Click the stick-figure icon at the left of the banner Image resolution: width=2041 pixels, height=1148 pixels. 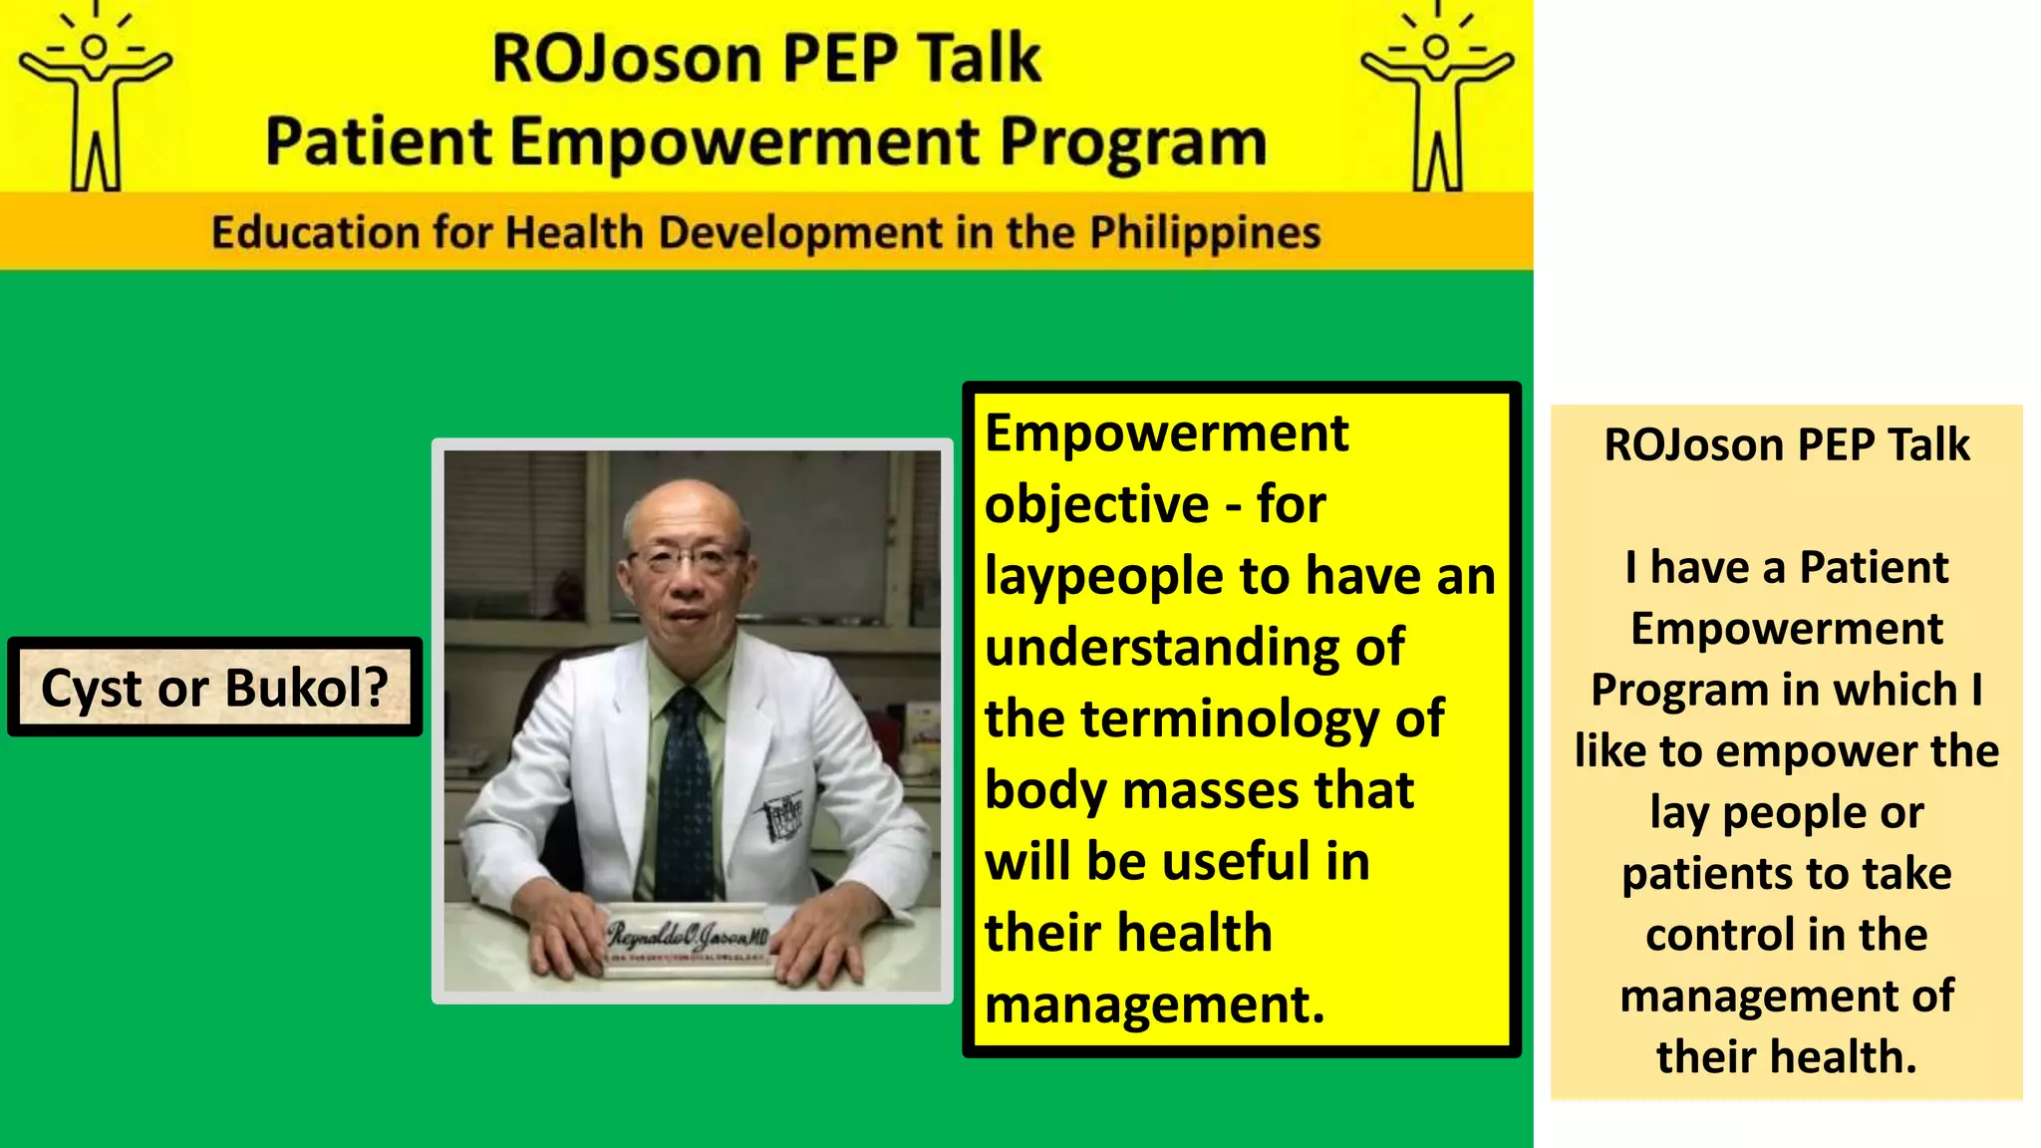click(x=96, y=100)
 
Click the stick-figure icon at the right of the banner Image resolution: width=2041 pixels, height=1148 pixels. click(x=1437, y=100)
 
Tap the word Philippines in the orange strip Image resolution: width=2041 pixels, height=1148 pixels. click(x=1204, y=233)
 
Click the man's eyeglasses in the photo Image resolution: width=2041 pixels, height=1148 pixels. click(x=687, y=558)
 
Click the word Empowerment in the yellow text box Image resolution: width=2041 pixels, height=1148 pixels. click(x=1166, y=433)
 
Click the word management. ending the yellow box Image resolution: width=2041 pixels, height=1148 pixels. click(x=1154, y=1004)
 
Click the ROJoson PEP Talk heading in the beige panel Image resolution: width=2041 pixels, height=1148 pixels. click(x=1786, y=444)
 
